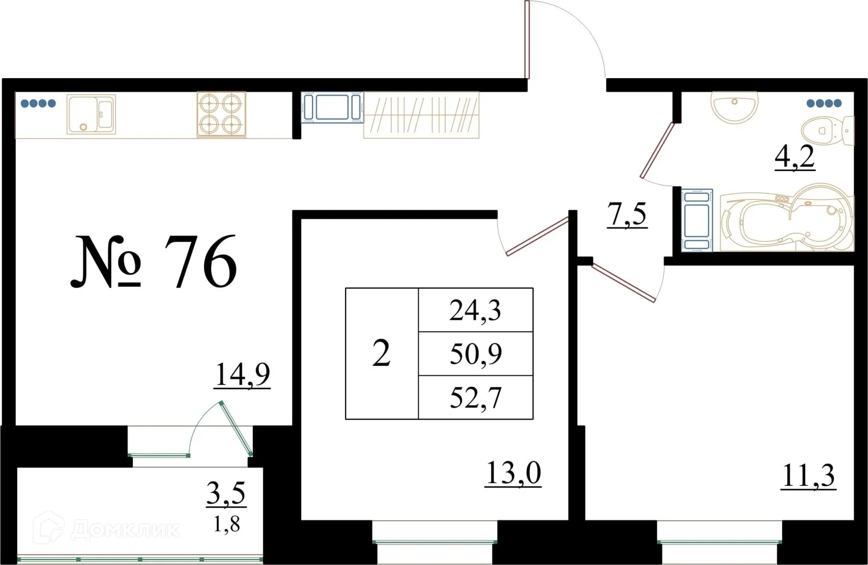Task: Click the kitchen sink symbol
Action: coord(91,115)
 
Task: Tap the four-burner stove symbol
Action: coord(221,115)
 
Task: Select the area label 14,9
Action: coord(242,374)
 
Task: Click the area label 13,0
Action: coord(513,473)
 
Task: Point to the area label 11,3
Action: coord(808,477)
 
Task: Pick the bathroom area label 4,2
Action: coord(794,157)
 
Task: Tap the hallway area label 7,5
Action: coord(627,214)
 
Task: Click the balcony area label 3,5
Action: coord(226,493)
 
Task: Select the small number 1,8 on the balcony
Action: coord(226,524)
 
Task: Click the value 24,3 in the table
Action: coord(475,310)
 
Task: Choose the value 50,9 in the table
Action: coord(475,354)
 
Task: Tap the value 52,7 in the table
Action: coord(475,398)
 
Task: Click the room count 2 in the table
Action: coord(381,354)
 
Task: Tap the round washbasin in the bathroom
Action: coord(734,107)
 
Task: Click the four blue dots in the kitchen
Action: coord(38,103)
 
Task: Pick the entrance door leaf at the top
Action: coord(527,39)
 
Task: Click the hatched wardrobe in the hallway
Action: coord(421,115)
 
